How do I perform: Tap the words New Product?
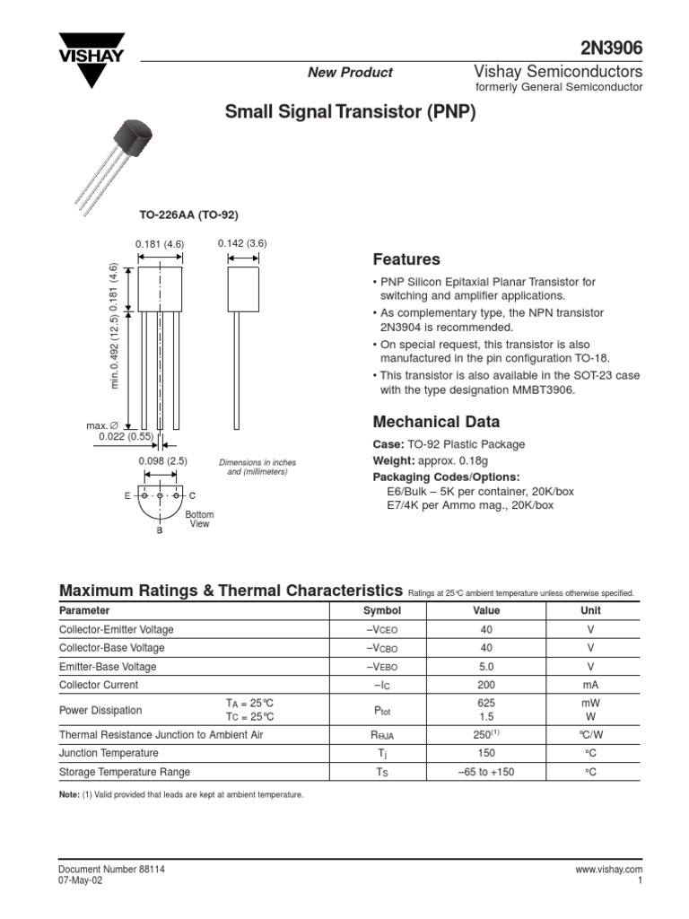coord(350,73)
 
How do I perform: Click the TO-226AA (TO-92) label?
coord(188,215)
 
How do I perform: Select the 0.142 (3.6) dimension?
coord(242,243)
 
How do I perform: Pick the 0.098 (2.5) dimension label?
coord(162,461)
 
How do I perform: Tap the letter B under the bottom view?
coord(160,531)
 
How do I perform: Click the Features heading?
coord(406,259)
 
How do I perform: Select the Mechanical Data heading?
coord(436,422)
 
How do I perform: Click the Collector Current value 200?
coord(486,685)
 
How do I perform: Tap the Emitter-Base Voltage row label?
coord(108,667)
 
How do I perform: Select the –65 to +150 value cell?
coord(486,772)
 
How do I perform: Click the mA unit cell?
coord(590,685)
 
